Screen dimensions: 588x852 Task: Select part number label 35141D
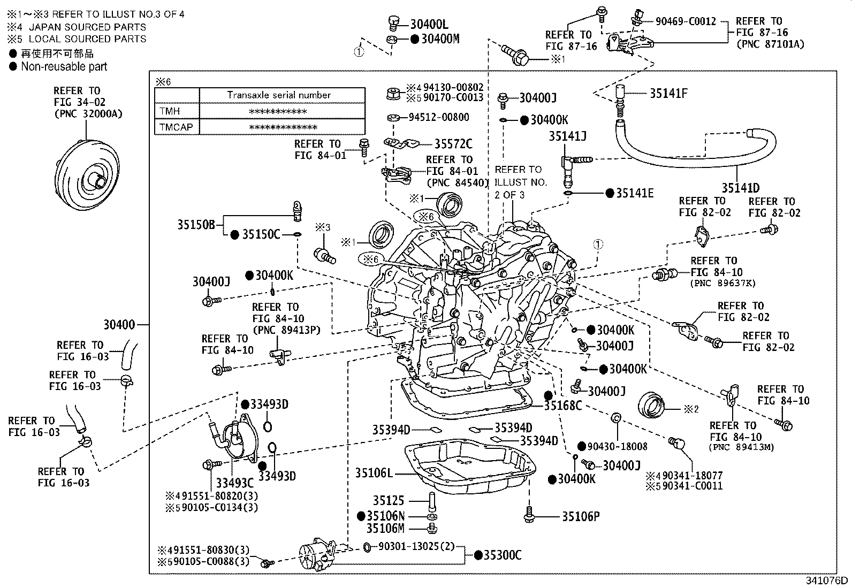pos(740,188)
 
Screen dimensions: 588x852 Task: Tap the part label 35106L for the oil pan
pos(374,473)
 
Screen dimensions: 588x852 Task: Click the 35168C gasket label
pos(562,406)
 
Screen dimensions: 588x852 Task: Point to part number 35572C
pos(453,143)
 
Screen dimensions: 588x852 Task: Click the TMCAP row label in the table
pos(176,127)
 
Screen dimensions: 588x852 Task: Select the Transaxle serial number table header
pos(278,95)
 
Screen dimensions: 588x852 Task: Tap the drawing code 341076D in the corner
pos(827,581)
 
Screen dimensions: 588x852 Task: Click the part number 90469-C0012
pos(686,21)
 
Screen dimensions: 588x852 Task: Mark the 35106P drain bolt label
pos(580,516)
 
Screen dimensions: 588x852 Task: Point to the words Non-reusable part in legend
pos(64,67)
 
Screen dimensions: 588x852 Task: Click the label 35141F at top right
pos(668,93)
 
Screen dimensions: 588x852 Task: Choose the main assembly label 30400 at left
pos(119,324)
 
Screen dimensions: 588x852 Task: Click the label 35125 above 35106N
pos(389,500)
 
